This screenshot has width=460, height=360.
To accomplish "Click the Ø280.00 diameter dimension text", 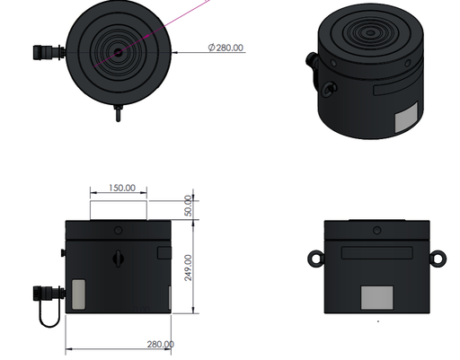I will (x=226, y=48).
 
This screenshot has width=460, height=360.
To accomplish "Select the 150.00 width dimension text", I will (x=121, y=189).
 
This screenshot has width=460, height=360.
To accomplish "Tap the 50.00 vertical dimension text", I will (x=190, y=206).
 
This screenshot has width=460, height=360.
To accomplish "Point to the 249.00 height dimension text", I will (x=190, y=267).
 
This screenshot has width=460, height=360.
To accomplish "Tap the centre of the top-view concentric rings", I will (x=117, y=52).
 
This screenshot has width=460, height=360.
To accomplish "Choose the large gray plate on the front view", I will (x=78, y=293).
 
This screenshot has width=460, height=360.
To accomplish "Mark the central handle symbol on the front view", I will (x=118, y=259).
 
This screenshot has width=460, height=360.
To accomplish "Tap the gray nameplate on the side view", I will (x=376, y=299).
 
